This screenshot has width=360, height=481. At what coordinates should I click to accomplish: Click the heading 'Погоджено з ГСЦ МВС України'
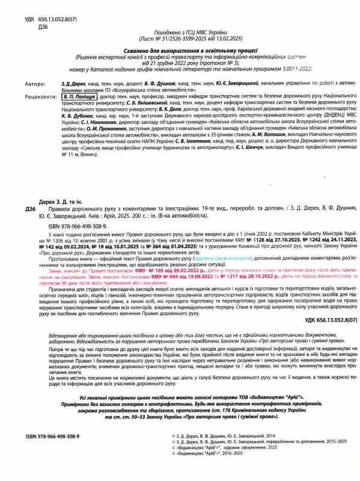pos(180,31)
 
